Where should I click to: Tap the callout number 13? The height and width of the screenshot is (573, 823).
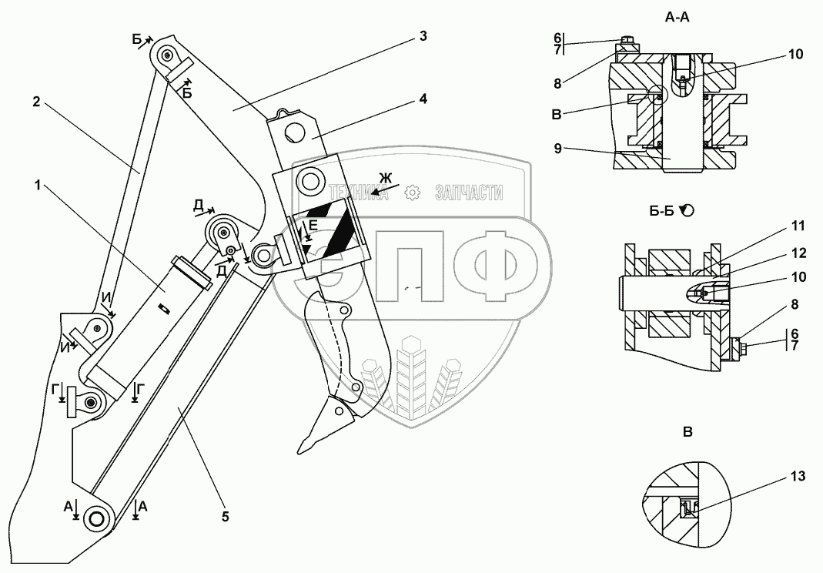(x=798, y=477)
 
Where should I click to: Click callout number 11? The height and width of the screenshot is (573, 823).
(x=798, y=226)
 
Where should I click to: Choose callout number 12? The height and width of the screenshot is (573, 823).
(x=798, y=251)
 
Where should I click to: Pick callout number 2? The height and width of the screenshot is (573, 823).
(x=36, y=101)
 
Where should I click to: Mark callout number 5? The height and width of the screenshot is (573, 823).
(x=225, y=517)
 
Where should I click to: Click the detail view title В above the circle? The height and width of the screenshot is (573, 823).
(x=688, y=431)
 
